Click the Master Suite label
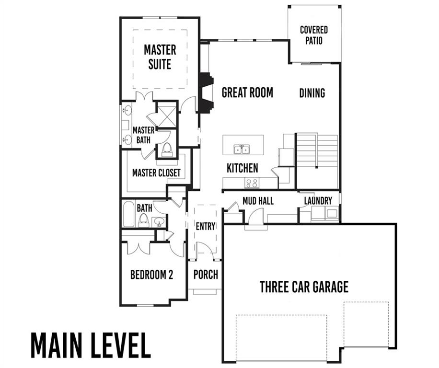[160, 57]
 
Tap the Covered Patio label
[314, 35]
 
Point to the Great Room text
[247, 92]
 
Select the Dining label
[312, 92]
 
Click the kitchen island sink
[242, 149]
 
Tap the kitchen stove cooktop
[252, 183]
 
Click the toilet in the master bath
[167, 149]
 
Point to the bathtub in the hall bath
[128, 215]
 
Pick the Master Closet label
[156, 172]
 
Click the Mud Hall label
[258, 201]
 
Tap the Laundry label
[318, 201]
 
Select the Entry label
[205, 226]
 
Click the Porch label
[205, 275]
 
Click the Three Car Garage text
[304, 287]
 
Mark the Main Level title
[91, 344]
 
